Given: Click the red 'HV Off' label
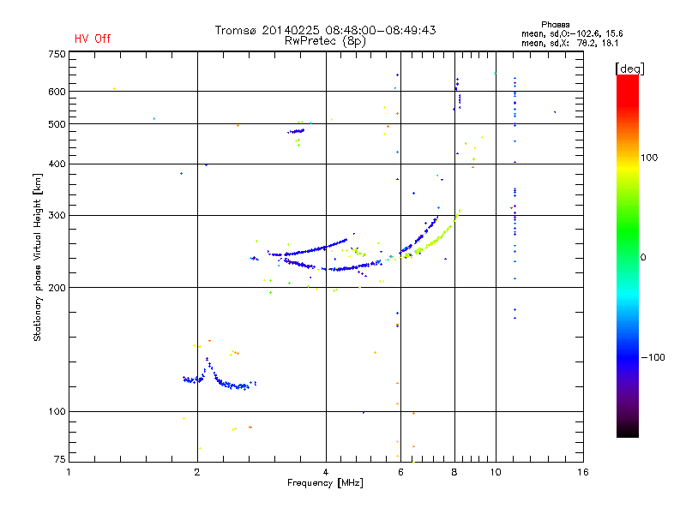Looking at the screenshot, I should point(92,39).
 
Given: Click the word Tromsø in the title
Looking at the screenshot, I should point(236,30).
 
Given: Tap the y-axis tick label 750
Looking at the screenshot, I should point(57,54).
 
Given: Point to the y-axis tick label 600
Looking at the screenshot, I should point(57,92).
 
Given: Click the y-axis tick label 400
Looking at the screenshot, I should point(57,164).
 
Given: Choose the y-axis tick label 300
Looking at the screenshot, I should point(57,215).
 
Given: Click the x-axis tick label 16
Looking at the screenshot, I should point(582,472).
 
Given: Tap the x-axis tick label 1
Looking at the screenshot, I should point(69,472).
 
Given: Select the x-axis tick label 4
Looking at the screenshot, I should point(326,472).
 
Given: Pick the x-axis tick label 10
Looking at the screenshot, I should point(495,472).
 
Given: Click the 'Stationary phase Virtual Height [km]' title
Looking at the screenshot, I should point(38,257).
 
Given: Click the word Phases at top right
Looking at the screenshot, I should point(557,24).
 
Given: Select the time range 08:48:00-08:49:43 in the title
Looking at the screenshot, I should point(383,30).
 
